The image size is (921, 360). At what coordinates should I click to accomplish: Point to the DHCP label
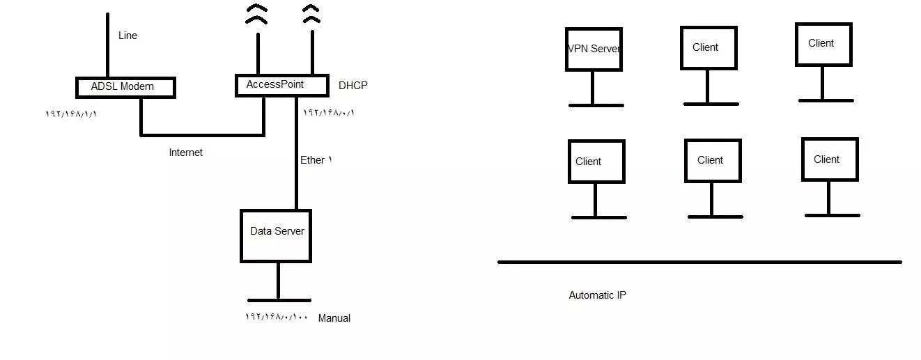click(x=353, y=86)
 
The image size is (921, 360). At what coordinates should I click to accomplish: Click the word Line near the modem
click(x=127, y=36)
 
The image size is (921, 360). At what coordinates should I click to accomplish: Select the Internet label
click(x=185, y=152)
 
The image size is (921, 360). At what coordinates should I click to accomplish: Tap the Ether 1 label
click(x=316, y=160)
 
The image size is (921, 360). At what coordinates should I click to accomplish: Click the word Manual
click(x=334, y=318)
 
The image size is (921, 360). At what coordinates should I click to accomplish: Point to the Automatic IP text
click(x=598, y=295)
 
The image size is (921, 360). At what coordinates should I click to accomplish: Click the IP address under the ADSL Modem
click(x=71, y=114)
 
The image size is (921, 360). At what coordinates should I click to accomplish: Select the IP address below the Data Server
click(x=277, y=317)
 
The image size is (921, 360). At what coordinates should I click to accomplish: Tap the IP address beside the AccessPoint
click(x=329, y=112)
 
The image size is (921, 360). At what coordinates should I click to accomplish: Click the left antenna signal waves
click(x=256, y=15)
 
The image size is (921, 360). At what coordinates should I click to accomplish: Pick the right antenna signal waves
click(x=311, y=14)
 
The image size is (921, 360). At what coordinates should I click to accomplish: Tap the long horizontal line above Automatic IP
click(x=699, y=262)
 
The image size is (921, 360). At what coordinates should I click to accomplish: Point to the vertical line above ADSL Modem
click(x=108, y=45)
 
